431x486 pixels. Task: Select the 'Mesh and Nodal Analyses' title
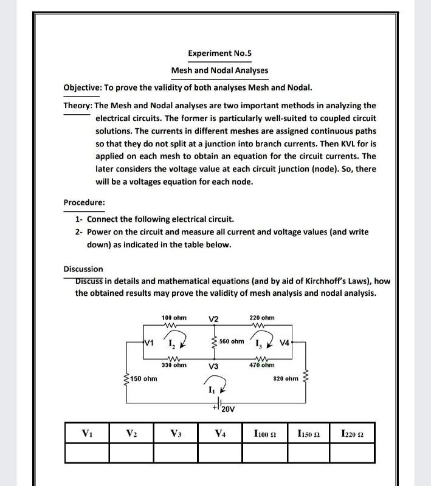pos(219,70)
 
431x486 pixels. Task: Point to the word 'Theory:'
pos(77,105)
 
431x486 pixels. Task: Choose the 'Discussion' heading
pos(83,269)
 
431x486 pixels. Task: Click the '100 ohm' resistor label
pos(174,318)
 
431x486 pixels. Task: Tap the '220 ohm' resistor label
pos(262,318)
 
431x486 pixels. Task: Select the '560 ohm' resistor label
pos(231,341)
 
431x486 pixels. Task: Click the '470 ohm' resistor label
pos(262,366)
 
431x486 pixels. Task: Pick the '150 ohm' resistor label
pos(143,379)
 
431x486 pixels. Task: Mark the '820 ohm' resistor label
pos(286,378)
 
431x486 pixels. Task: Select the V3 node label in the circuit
pos(213,366)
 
